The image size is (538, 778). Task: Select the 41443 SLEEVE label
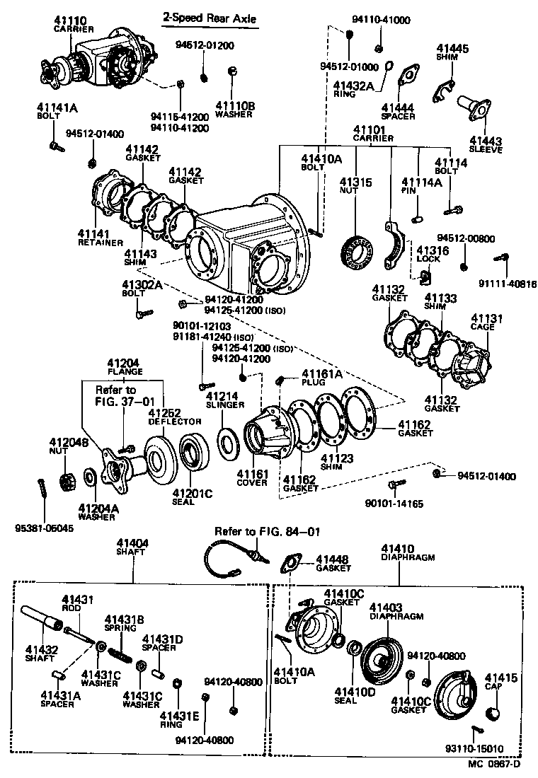485,145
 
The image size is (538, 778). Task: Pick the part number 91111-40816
508,284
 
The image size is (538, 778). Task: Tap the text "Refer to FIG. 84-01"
258,531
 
